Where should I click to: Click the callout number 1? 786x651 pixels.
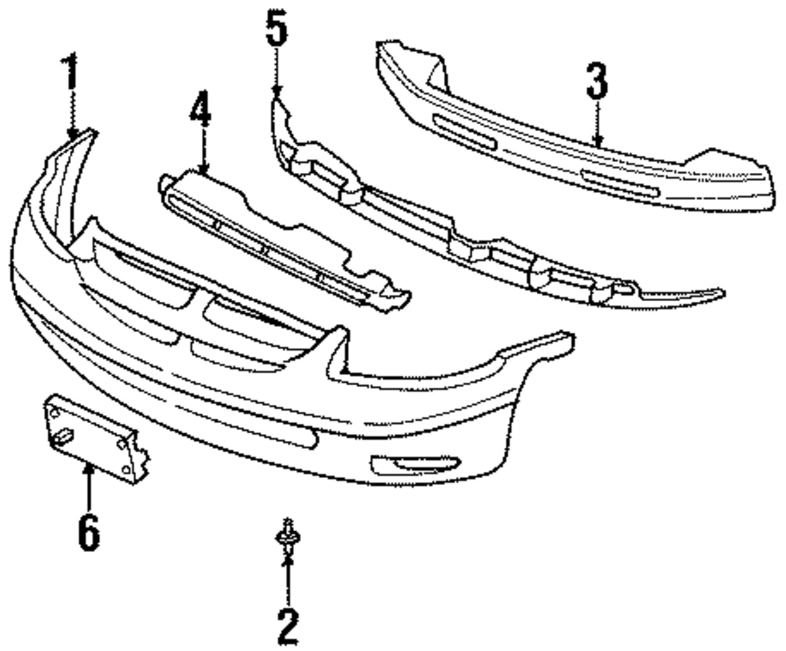coord(71,75)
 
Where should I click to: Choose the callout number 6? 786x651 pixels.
coord(88,533)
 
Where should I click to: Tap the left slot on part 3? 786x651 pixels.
coord(465,131)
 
